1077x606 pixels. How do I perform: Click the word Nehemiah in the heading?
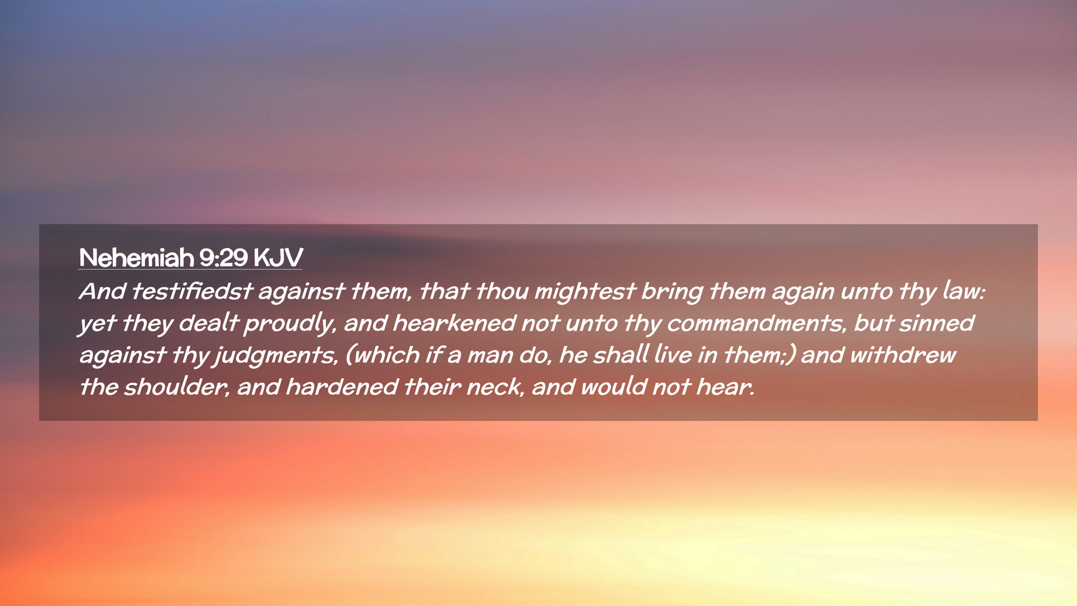point(136,258)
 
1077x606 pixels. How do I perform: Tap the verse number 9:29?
point(223,258)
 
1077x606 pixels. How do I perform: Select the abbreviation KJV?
point(278,258)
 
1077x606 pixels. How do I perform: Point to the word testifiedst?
point(192,291)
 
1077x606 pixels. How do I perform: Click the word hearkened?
point(454,323)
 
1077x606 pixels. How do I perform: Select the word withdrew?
point(903,355)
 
